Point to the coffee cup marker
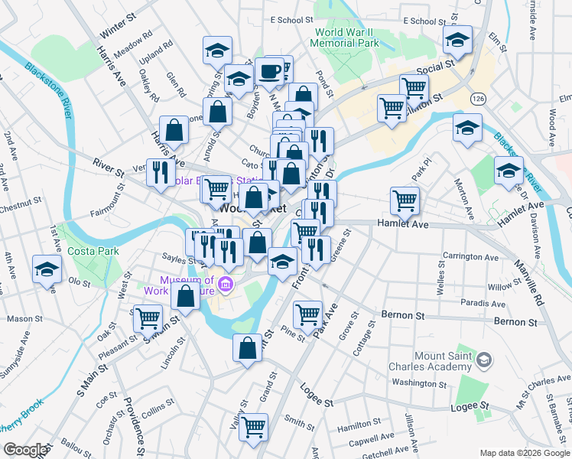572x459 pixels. coord(269,72)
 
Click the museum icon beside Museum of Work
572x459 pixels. coord(226,286)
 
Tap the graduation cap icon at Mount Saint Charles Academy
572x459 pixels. coord(484,360)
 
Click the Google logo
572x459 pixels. coord(25,450)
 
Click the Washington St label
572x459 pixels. coord(418,382)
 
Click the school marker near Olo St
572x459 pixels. coord(47,271)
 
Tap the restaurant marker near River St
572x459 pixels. coord(160,173)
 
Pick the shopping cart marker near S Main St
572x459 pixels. coord(148,318)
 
